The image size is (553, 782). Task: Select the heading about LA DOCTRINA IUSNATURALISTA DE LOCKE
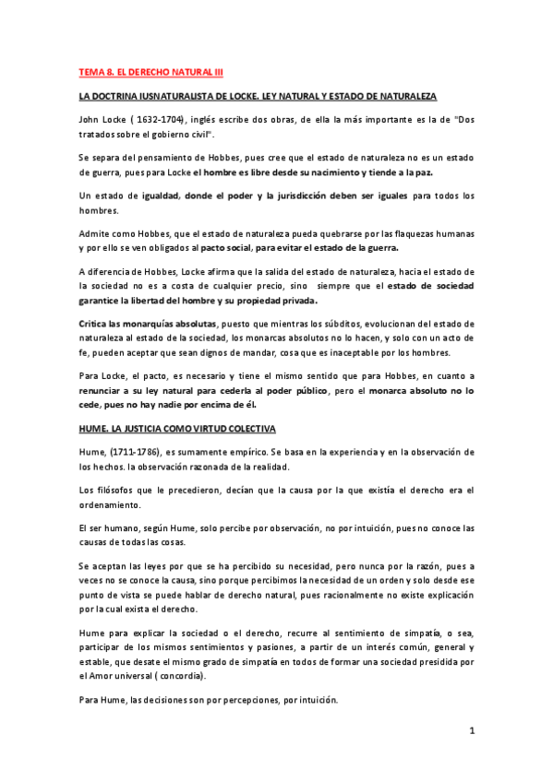(258, 96)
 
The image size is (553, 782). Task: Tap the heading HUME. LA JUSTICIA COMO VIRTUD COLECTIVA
(184, 429)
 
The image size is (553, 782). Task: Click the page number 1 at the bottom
(471, 731)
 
